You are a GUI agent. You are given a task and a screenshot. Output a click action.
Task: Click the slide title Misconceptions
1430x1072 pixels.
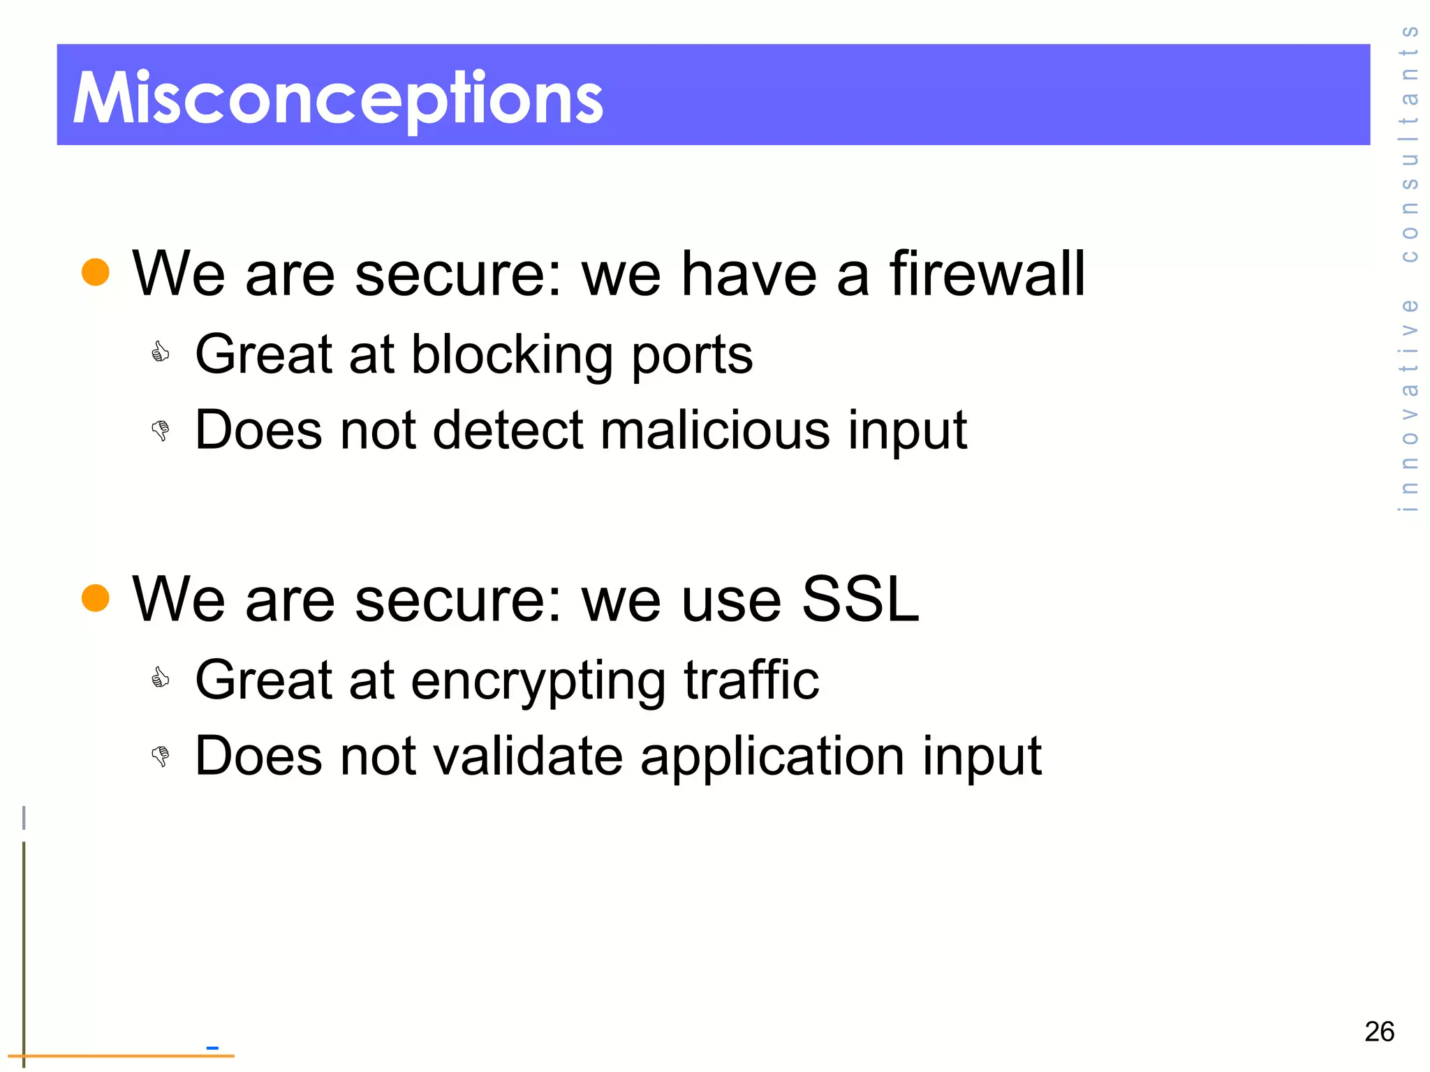click(x=338, y=98)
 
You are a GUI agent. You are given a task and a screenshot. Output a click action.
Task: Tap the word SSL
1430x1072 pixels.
click(x=860, y=599)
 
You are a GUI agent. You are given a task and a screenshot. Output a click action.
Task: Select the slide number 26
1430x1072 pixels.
click(x=1379, y=1032)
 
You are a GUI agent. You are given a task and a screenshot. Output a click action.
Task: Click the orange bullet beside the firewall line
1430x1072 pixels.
click(x=96, y=272)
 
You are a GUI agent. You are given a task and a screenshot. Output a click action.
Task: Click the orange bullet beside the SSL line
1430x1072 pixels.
click(x=96, y=598)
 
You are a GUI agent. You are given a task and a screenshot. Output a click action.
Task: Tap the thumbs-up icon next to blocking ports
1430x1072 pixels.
click(x=161, y=352)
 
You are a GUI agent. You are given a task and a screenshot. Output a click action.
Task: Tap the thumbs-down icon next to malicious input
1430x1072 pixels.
click(x=161, y=430)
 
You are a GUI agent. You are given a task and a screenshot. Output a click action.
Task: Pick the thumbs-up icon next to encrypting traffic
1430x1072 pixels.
click(x=161, y=678)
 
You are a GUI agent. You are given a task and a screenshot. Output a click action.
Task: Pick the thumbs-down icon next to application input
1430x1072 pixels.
click(x=161, y=756)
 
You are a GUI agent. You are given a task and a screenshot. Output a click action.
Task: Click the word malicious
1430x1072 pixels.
click(x=715, y=429)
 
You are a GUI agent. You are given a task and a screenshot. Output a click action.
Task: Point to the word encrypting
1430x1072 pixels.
click(x=538, y=680)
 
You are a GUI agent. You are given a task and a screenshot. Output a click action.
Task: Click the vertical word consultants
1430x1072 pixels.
click(x=1409, y=143)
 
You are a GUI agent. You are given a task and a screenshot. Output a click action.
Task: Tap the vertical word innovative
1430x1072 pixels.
click(x=1409, y=405)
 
